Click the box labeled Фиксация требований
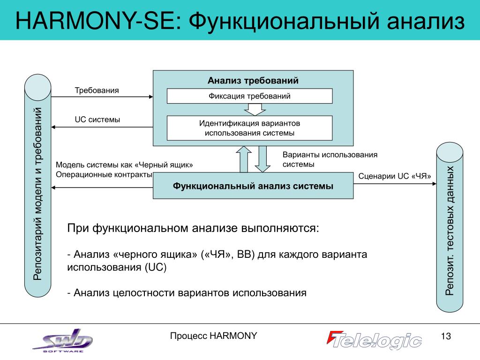click(250, 96)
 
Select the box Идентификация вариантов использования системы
click(250, 128)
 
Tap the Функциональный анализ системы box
click(253, 186)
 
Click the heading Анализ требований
click(253, 81)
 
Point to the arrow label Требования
click(97, 90)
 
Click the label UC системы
click(97, 120)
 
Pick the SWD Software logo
click(63, 340)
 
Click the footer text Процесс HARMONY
click(213, 336)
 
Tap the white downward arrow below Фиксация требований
click(255, 109)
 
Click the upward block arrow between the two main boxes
click(244, 159)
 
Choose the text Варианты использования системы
click(330, 159)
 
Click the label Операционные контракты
click(104, 175)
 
